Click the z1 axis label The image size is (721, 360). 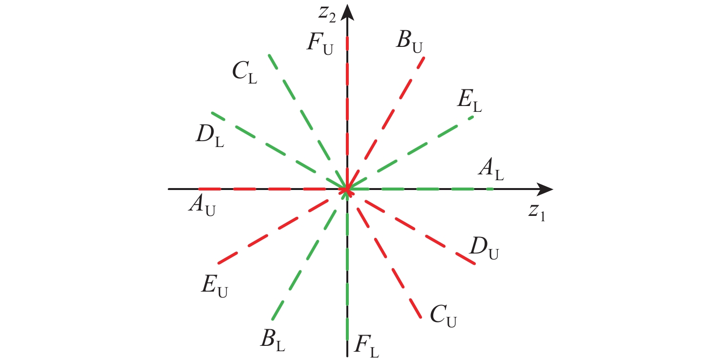click(x=536, y=212)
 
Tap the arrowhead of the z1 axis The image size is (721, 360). click(x=545, y=189)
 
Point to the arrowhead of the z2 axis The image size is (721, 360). click(x=347, y=12)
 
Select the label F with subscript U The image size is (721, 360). click(x=320, y=44)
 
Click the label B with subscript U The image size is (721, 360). click(x=409, y=42)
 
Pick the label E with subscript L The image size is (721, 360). click(x=469, y=101)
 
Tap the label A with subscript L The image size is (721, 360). click(x=491, y=169)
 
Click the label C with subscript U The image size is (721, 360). click(x=443, y=316)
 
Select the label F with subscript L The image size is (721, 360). click(x=367, y=346)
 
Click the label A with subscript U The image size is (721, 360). click(x=202, y=206)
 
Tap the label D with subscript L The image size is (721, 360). click(x=210, y=136)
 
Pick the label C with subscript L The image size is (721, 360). click(x=245, y=72)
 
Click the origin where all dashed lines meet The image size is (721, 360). click(x=347, y=189)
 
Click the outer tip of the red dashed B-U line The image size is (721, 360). click(x=424, y=58)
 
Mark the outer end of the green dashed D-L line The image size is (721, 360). click(x=212, y=113)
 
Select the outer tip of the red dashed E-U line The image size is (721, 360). click(x=218, y=263)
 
